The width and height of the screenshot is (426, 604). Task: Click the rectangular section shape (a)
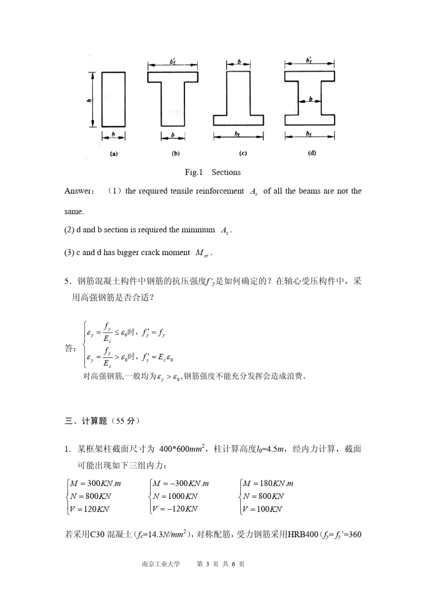[x=113, y=99]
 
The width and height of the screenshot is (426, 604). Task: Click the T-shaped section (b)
[x=173, y=97]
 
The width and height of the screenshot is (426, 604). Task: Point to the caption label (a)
[x=114, y=154]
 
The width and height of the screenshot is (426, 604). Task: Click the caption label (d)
[x=312, y=153]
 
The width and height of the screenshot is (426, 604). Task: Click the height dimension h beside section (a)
[x=89, y=100]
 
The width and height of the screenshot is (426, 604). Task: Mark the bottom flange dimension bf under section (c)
[x=238, y=134]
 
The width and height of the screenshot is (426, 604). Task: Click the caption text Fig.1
[x=194, y=172]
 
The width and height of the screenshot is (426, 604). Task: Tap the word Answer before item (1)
[x=78, y=191]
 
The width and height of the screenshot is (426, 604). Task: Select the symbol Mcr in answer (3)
[x=203, y=253]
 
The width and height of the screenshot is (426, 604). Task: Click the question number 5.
[x=67, y=282]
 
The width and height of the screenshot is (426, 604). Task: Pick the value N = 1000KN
[x=175, y=496]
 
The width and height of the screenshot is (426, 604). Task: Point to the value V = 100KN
[x=262, y=509]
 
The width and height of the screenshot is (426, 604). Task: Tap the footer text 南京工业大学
[x=161, y=564]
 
